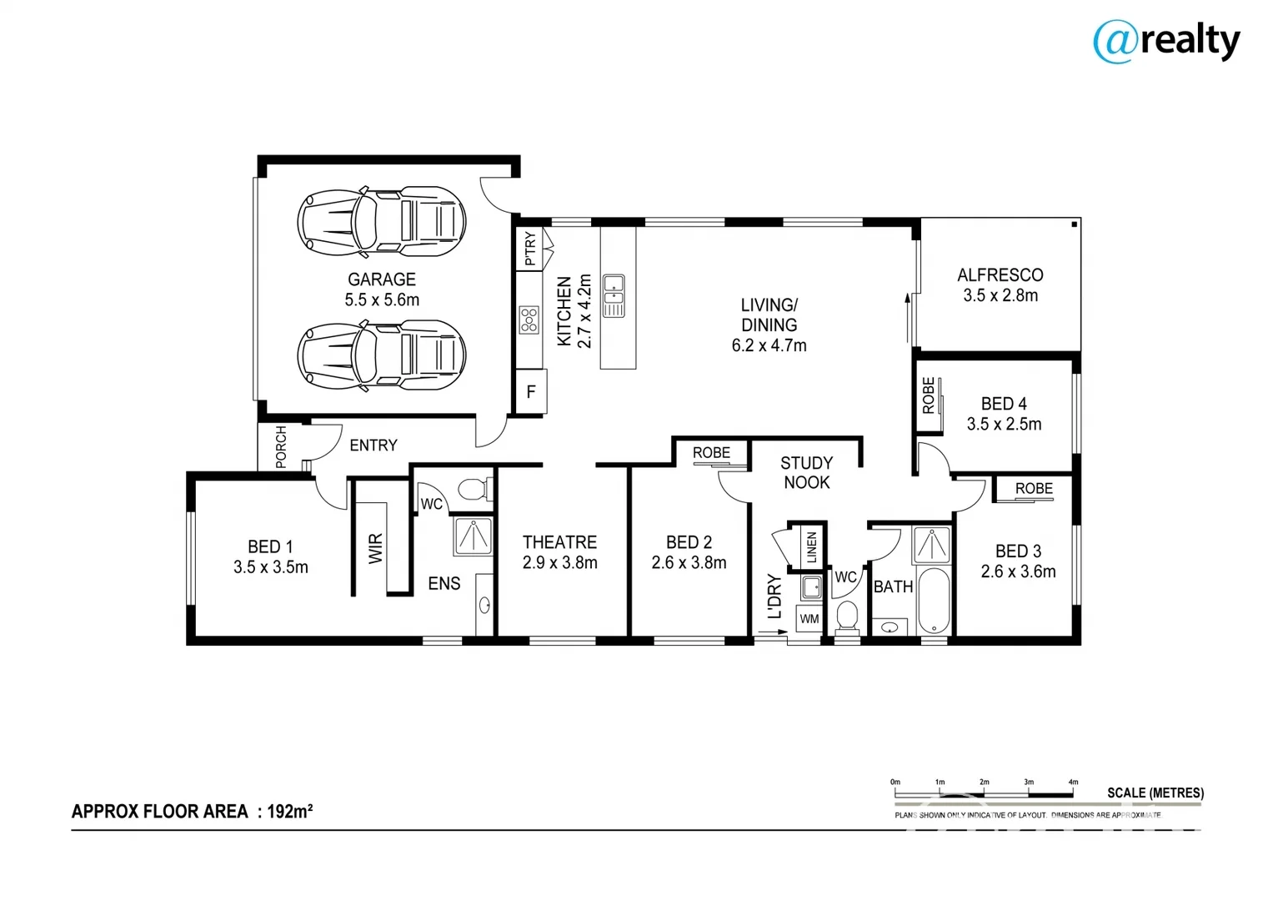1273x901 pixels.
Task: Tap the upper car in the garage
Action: tap(381, 221)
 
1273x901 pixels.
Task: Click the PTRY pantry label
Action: tap(530, 249)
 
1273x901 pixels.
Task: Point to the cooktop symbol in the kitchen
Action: tap(529, 320)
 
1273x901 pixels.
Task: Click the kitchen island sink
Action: tap(614, 295)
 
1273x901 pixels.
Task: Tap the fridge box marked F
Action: tap(531, 392)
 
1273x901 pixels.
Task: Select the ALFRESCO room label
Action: tap(1000, 274)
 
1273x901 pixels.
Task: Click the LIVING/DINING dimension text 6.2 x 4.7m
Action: tap(769, 345)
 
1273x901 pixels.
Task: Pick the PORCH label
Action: tap(281, 446)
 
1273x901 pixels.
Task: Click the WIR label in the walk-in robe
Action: tap(376, 548)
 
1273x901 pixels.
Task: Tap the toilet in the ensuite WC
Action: tap(474, 489)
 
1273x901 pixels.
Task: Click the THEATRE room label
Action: tap(559, 542)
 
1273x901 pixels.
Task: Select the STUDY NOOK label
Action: tap(806, 472)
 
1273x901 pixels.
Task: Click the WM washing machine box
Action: tap(809, 619)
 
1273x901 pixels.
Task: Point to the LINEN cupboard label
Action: tap(811, 547)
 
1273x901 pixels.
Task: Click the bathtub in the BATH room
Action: tap(933, 601)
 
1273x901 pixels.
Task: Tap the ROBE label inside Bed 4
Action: tap(928, 395)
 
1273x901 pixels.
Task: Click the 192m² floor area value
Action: tap(289, 811)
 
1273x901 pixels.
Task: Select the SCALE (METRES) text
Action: tap(1155, 793)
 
